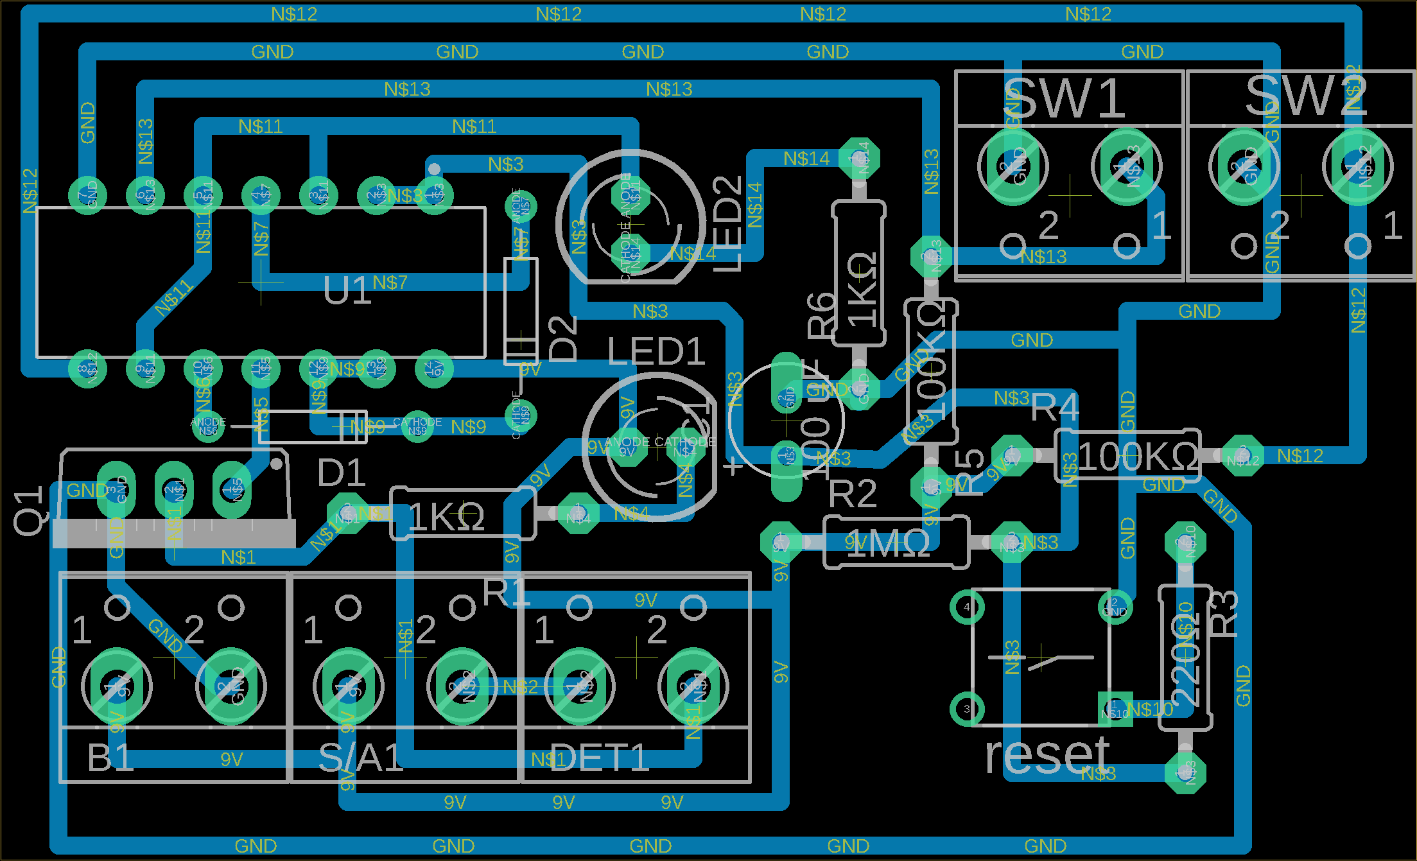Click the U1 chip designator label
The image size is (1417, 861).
(346, 291)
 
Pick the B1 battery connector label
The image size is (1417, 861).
(110, 758)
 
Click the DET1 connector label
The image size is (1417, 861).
(598, 758)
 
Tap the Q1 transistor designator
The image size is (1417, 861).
(30, 510)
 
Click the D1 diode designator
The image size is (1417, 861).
(341, 473)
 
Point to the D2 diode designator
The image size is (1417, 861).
(564, 339)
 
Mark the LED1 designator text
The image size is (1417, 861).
(656, 352)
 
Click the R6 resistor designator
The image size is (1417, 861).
(821, 315)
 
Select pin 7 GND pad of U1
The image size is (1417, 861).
(87, 195)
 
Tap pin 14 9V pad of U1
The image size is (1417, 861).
(434, 369)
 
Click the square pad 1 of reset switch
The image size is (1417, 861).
(1115, 709)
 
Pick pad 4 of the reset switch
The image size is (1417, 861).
(967, 606)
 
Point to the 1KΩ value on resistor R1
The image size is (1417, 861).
(446, 517)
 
